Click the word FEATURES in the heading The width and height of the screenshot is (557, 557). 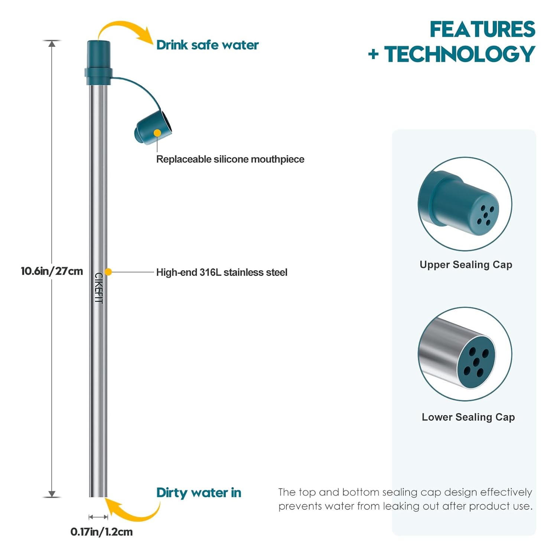tap(482, 29)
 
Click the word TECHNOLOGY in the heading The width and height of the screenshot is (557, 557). tap(459, 54)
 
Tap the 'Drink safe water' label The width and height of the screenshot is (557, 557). tap(207, 45)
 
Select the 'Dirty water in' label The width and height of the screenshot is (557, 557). tap(199, 493)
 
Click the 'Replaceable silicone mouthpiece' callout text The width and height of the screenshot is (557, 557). tap(230, 159)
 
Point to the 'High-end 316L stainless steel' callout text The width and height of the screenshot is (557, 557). tap(222, 272)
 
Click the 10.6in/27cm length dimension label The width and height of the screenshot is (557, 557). tap(52, 271)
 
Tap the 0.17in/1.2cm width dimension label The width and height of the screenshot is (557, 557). tap(101, 532)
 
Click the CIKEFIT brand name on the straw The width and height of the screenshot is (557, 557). tap(99, 288)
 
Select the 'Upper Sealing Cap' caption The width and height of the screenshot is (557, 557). tap(466, 265)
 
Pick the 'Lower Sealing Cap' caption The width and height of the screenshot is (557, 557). tap(468, 417)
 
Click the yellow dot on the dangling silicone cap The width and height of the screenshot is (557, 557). tap(157, 133)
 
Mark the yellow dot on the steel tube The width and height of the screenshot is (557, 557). tap(108, 272)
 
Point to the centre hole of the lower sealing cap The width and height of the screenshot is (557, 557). tap(476, 361)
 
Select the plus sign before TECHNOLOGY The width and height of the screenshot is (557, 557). tap(373, 55)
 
